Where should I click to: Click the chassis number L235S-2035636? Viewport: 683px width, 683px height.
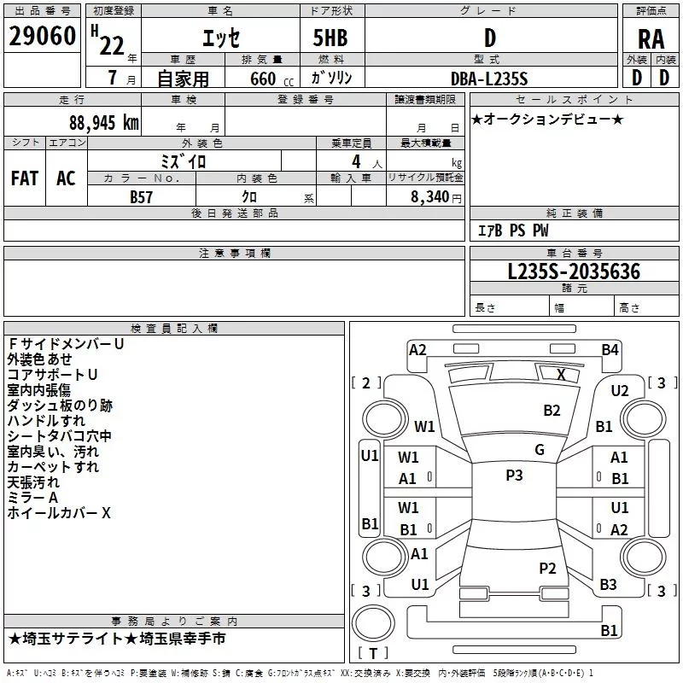pyautogui.click(x=573, y=271)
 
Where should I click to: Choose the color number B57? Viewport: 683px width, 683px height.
pyautogui.click(x=143, y=196)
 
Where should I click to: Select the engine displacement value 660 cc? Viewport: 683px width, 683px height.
pyautogui.click(x=260, y=79)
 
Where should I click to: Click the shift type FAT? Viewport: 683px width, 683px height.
pyautogui.click(x=24, y=178)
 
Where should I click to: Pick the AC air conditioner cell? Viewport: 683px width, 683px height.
pyautogui.click(x=66, y=178)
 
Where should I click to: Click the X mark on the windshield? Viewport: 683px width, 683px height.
pyautogui.click(x=561, y=374)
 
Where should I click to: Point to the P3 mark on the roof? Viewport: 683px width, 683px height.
pyautogui.click(x=514, y=476)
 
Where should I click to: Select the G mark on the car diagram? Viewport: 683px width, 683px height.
pyautogui.click(x=540, y=449)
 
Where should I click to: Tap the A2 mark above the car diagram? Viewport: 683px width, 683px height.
pyautogui.click(x=417, y=349)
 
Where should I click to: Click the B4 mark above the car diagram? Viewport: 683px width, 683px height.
pyautogui.click(x=610, y=349)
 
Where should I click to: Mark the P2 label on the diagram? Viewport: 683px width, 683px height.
pyautogui.click(x=548, y=568)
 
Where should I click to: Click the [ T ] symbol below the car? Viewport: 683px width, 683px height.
pyautogui.click(x=372, y=654)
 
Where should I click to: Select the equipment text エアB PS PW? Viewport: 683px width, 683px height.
pyautogui.click(x=512, y=231)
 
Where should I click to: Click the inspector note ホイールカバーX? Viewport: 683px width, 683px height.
pyautogui.click(x=59, y=513)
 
